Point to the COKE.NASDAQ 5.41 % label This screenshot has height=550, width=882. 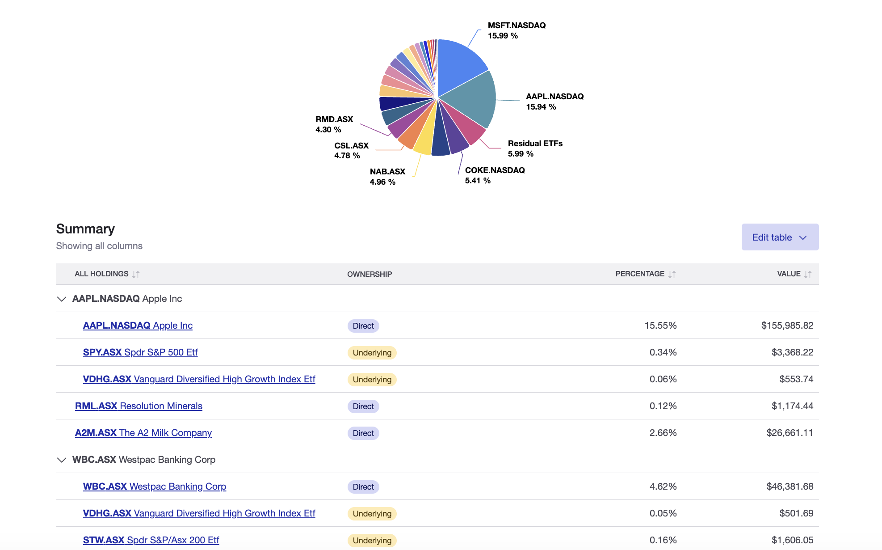click(495, 175)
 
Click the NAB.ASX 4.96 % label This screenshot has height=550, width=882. click(387, 177)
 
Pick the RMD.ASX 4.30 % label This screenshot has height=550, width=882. click(334, 124)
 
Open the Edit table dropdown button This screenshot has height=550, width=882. click(780, 237)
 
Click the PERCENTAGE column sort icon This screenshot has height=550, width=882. click(672, 274)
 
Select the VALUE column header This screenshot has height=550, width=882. click(789, 274)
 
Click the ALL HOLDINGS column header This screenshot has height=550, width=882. click(102, 274)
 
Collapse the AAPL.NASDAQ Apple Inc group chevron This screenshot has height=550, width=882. click(62, 299)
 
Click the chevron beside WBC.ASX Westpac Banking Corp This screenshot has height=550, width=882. click(62, 460)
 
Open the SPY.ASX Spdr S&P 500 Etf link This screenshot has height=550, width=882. click(140, 352)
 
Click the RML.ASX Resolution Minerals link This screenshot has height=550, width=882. click(139, 406)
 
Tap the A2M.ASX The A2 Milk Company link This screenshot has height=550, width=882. click(143, 433)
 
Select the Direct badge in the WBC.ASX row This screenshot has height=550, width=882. click(363, 487)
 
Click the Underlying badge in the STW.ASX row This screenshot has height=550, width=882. click(372, 540)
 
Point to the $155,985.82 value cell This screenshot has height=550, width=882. click(787, 326)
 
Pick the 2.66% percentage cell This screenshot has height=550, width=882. click(663, 433)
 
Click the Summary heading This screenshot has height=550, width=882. click(85, 229)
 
